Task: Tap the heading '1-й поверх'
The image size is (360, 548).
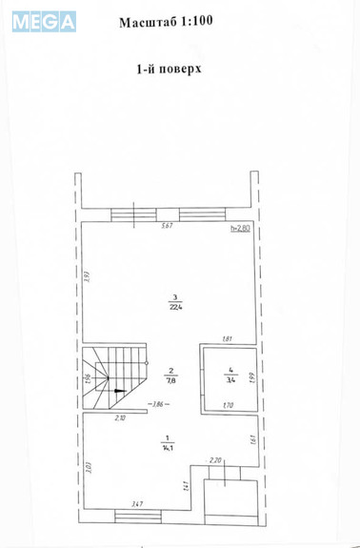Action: point(168,69)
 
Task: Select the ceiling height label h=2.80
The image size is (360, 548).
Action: point(241,228)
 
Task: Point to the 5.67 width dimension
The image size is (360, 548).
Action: point(167,226)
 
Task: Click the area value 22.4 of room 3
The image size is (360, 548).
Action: point(175,307)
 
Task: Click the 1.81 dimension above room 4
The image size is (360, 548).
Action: point(228,338)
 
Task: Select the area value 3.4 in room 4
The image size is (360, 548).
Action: point(230,378)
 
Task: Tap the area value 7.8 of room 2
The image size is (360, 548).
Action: point(171,379)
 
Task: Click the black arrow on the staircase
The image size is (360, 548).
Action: point(117,390)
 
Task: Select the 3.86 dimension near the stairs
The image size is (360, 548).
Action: point(160,405)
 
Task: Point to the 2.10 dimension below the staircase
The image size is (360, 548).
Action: point(120,418)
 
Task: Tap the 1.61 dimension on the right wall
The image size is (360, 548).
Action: point(251,439)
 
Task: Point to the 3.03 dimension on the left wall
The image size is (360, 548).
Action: point(87,467)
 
